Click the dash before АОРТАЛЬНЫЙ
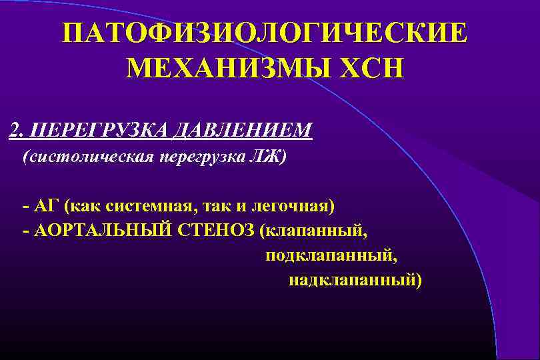(26, 231)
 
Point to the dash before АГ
(26, 205)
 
